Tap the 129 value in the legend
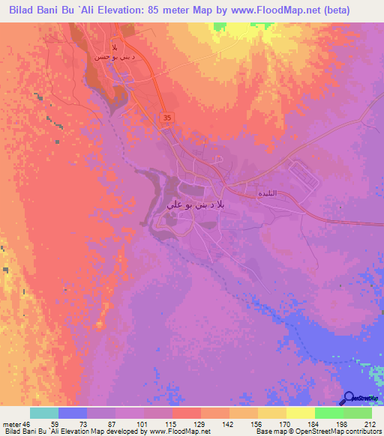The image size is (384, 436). click(x=186, y=424)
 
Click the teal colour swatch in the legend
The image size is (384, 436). click(x=44, y=413)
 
